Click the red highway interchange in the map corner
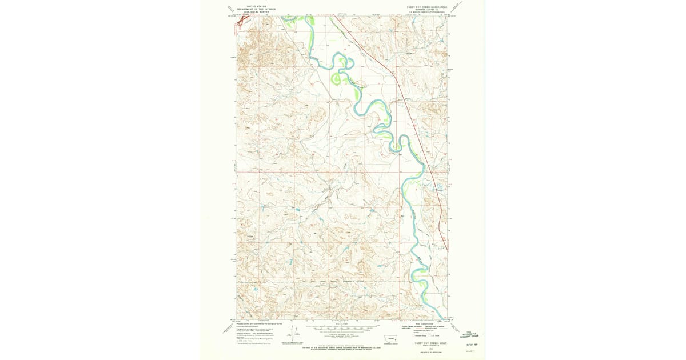coord(242,21)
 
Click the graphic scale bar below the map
coord(342,328)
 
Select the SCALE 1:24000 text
coord(342,325)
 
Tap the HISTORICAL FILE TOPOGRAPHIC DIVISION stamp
coord(472,335)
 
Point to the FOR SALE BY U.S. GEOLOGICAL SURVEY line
coord(342,348)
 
